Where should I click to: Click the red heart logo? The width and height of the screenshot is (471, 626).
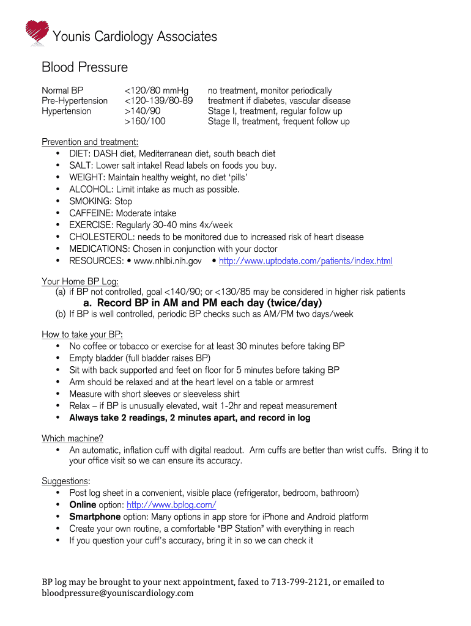(36, 32)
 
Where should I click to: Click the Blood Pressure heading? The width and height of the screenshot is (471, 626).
(84, 67)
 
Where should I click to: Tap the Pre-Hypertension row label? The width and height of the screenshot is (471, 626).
(75, 101)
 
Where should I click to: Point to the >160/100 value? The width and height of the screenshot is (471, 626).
(145, 122)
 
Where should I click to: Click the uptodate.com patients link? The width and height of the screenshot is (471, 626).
(305, 261)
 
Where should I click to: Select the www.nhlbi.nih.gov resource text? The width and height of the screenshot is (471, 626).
(168, 261)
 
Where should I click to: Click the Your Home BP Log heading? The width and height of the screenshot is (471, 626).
(80, 281)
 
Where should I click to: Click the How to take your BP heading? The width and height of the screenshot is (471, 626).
(82, 334)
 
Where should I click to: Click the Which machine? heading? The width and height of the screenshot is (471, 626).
(72, 438)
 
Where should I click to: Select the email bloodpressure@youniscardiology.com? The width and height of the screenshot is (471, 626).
(117, 594)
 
